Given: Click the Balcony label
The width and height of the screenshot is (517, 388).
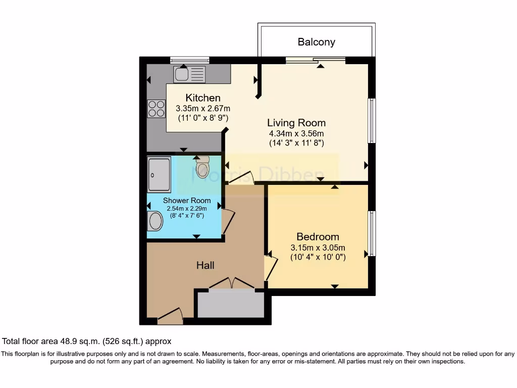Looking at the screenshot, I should [x=316, y=42].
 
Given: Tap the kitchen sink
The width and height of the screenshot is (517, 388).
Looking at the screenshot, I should [x=189, y=74].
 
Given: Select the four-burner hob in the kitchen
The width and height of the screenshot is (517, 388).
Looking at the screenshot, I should [x=157, y=109].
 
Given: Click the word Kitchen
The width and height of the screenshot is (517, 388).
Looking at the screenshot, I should [x=203, y=98].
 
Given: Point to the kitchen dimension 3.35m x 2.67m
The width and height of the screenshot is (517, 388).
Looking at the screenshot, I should [x=203, y=108].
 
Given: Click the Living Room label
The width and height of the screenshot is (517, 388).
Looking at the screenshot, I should [x=296, y=123].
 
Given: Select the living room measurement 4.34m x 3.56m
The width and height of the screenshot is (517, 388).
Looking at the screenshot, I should [x=296, y=133].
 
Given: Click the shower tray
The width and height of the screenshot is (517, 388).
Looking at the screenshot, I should [x=159, y=174].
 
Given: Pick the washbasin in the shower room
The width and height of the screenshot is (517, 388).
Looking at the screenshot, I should [x=155, y=221].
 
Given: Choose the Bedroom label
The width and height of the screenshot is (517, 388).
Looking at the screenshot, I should [x=318, y=237].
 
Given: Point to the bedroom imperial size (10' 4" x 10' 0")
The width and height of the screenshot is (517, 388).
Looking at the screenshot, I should [x=318, y=257].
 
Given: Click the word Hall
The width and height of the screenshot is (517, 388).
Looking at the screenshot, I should [x=205, y=265].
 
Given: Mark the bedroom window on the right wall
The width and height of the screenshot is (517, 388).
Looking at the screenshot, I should [x=372, y=233].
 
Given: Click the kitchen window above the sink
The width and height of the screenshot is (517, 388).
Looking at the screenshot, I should [x=189, y=60].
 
